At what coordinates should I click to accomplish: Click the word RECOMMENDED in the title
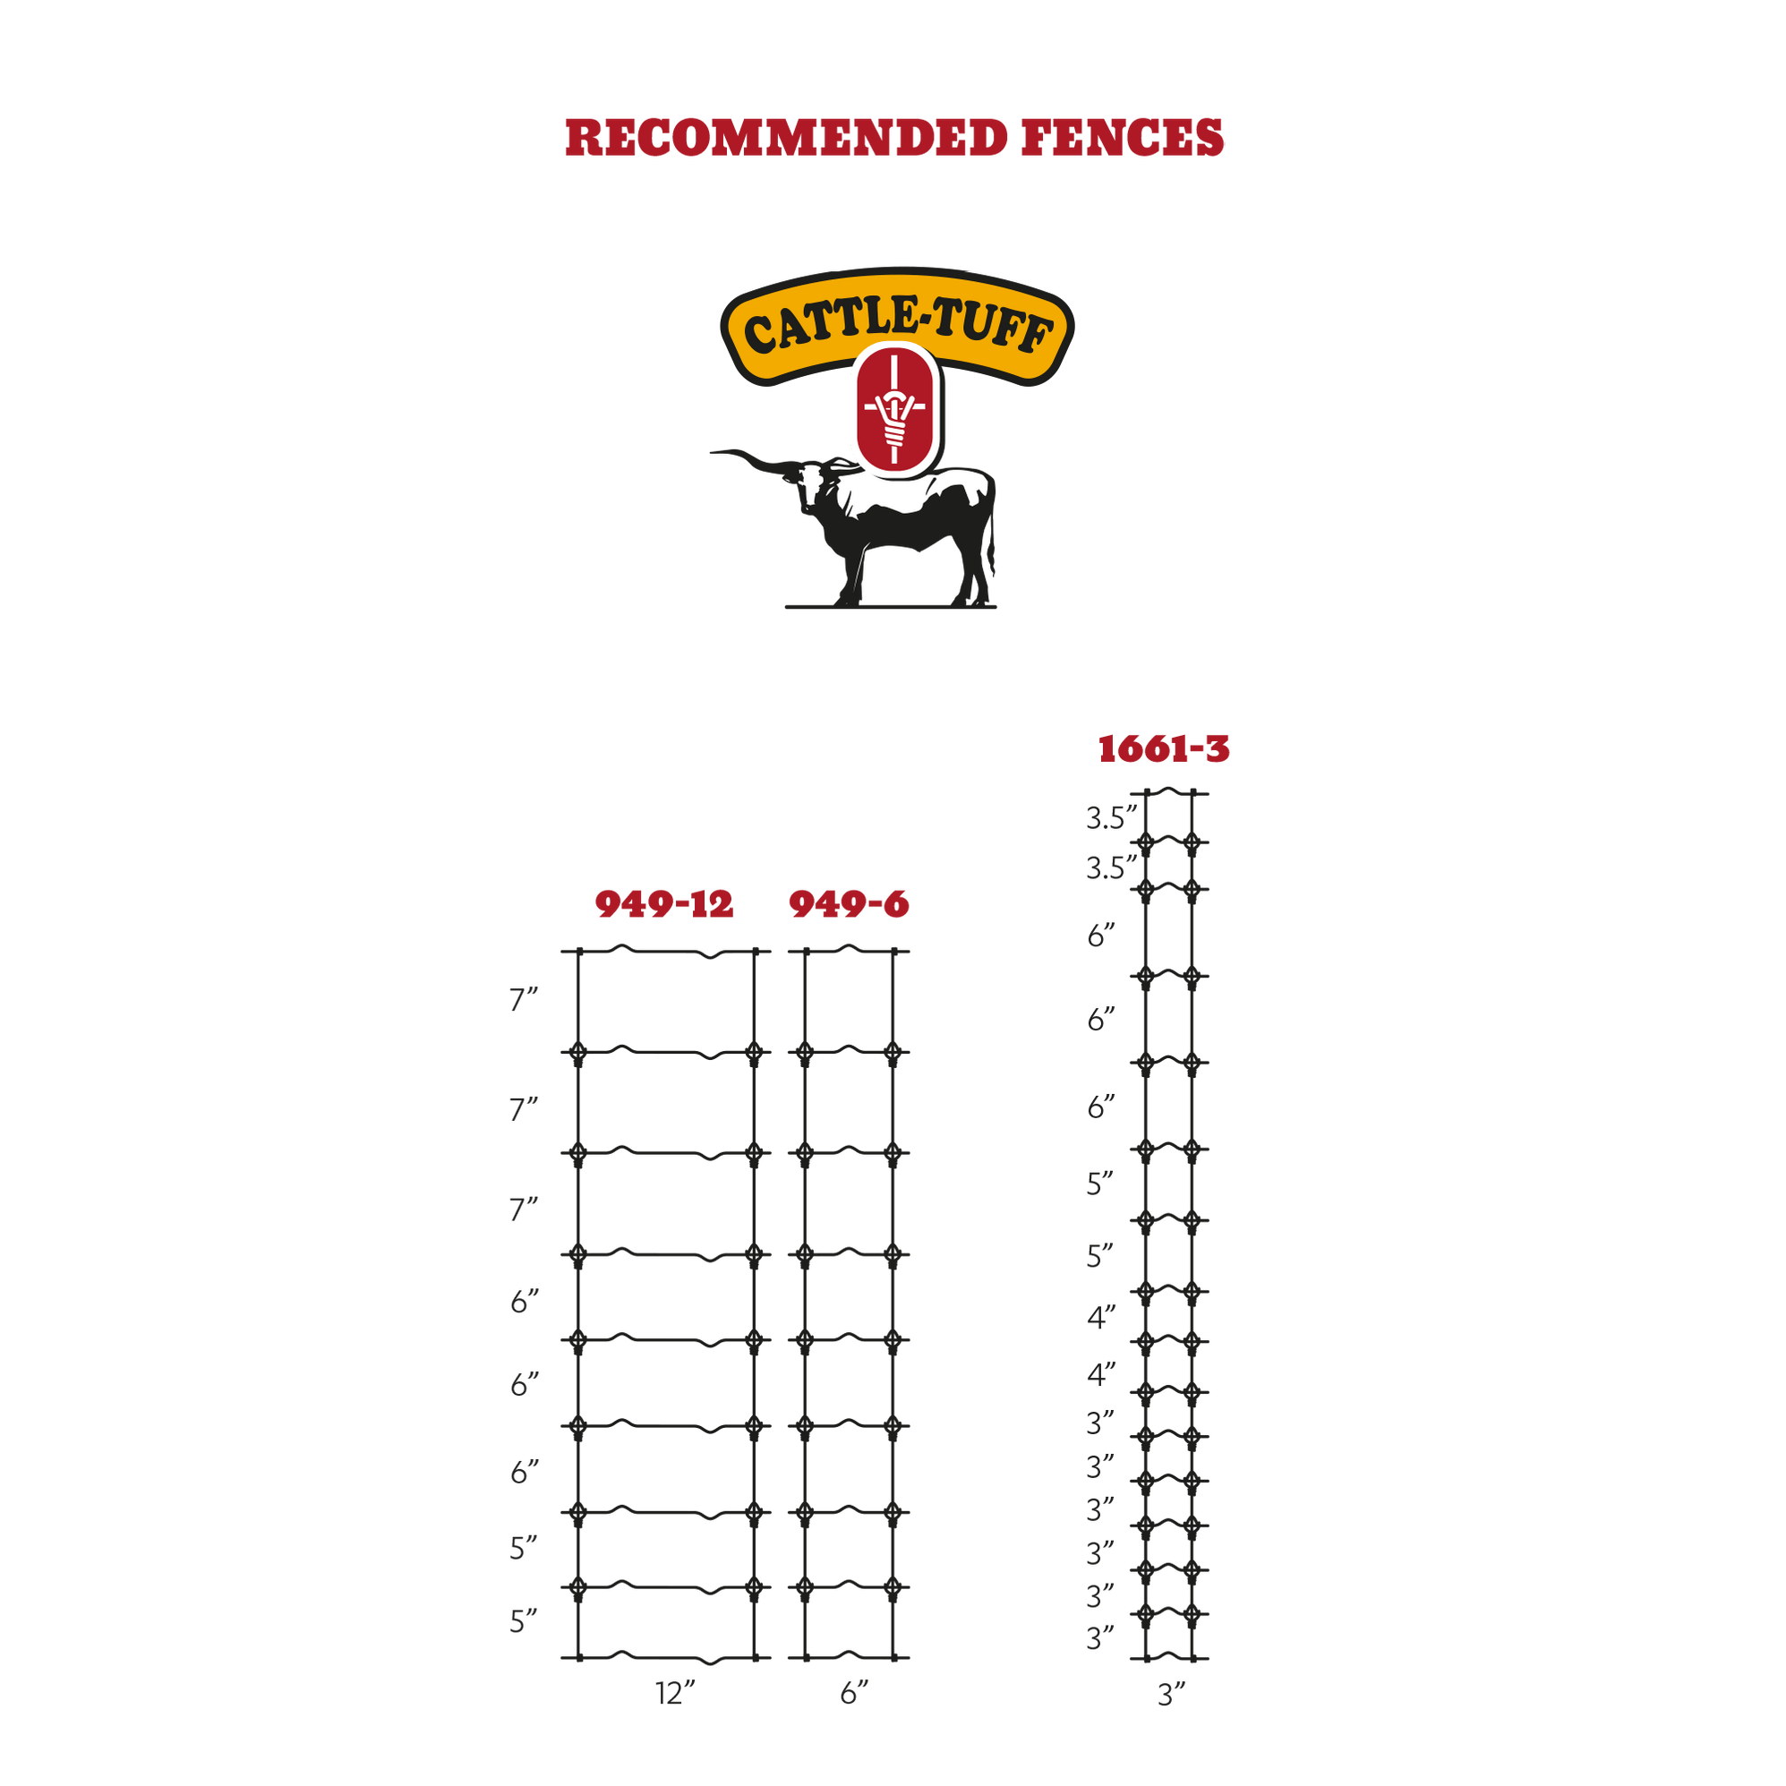[786, 138]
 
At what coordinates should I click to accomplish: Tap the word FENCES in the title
[1123, 138]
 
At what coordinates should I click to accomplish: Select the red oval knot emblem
[894, 409]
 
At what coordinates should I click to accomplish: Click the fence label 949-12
[663, 904]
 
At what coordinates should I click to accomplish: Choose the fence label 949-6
[849, 904]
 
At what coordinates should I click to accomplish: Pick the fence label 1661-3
[1164, 748]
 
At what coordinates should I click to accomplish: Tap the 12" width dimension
[675, 1694]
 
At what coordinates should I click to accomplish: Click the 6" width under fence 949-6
[854, 1694]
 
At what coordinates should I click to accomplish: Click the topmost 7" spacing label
[523, 1000]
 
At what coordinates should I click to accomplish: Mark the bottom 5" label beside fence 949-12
[523, 1621]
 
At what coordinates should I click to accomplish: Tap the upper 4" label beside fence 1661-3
[1101, 1317]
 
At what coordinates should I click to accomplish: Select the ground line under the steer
[890, 607]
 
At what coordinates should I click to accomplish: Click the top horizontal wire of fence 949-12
[665, 952]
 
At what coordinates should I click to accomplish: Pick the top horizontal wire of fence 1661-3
[1169, 792]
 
